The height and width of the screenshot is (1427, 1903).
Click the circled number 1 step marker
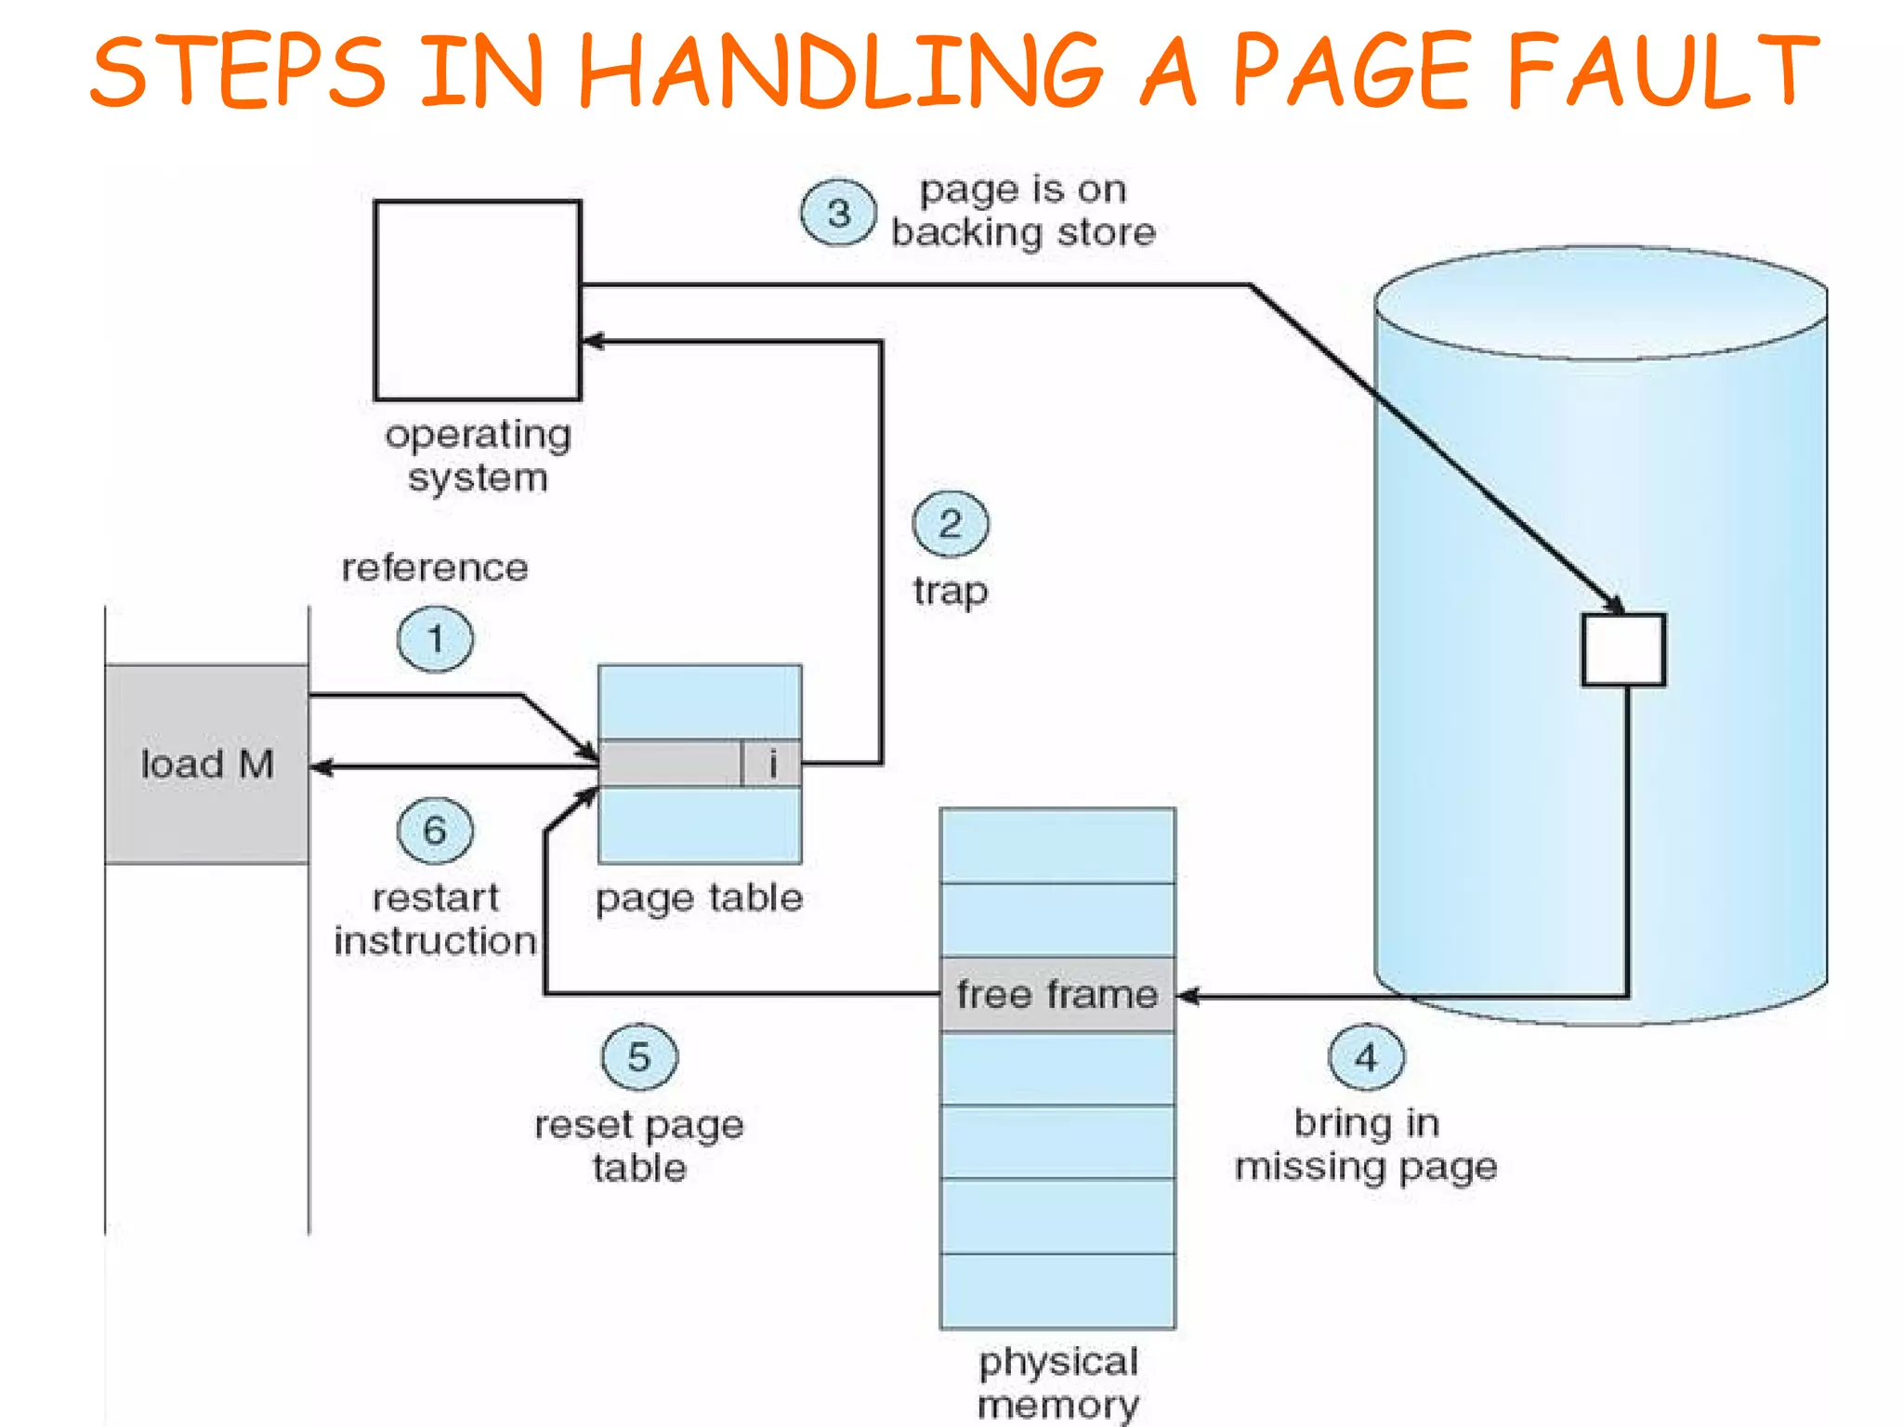[x=435, y=639]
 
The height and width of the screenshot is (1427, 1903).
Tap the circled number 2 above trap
[x=951, y=524]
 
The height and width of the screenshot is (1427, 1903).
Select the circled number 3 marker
[x=838, y=213]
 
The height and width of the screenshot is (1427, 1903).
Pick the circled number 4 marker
[x=1366, y=1057]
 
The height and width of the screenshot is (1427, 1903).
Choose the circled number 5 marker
[x=639, y=1057]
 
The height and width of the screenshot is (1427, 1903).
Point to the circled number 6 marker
[x=435, y=831]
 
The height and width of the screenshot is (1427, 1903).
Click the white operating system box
[x=478, y=300]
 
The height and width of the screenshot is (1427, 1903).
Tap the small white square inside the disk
[x=1623, y=649]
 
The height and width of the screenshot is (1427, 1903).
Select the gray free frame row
[x=1057, y=995]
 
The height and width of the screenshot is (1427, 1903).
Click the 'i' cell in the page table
[x=772, y=765]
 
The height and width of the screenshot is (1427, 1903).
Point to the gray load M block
[x=207, y=764]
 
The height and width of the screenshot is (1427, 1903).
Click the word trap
[x=951, y=591]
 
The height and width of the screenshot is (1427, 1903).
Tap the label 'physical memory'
[x=1057, y=1383]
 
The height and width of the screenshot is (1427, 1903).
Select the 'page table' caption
[x=699, y=898]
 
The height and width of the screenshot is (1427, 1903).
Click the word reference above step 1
[x=435, y=568]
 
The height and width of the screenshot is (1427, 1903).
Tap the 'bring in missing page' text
[x=1366, y=1145]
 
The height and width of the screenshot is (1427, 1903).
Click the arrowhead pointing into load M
[x=322, y=767]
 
